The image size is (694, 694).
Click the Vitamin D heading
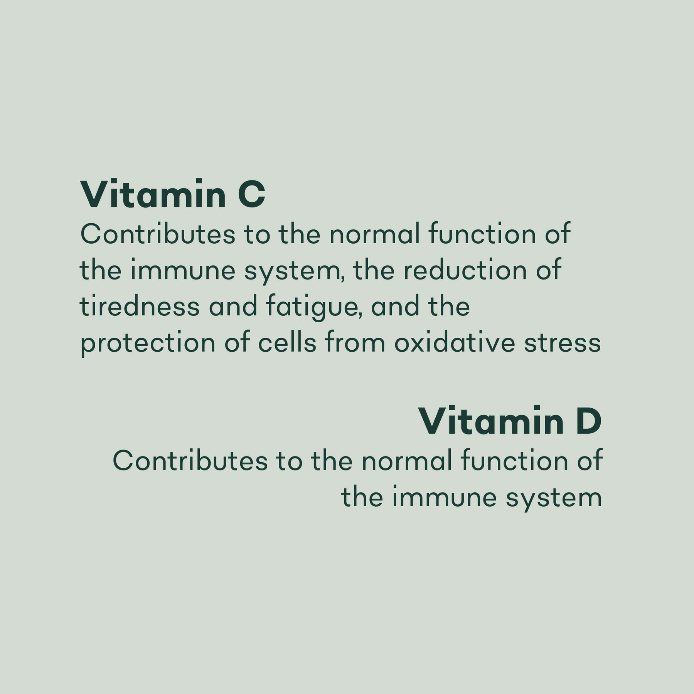pos(510,421)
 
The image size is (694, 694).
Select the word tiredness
pos(140,307)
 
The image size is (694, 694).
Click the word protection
pos(148,343)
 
